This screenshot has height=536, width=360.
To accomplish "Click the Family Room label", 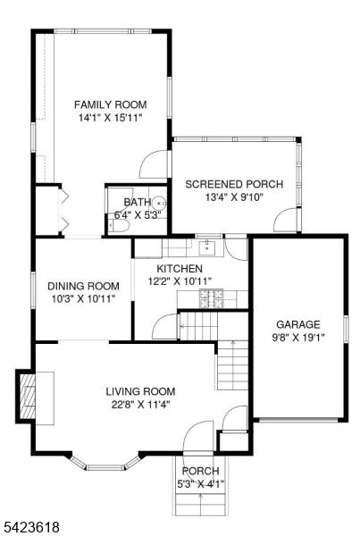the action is [x=110, y=105].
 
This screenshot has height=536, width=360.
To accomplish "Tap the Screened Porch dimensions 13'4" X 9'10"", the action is [x=234, y=197].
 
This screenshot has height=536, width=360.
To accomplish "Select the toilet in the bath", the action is [x=118, y=226].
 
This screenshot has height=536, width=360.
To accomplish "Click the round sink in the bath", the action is [x=159, y=203].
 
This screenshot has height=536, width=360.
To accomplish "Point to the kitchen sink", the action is [x=207, y=247].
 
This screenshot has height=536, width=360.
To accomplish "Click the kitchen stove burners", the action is [x=212, y=298].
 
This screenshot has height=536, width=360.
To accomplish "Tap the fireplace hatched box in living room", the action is [x=28, y=396].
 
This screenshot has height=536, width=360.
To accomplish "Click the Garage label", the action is [x=298, y=324].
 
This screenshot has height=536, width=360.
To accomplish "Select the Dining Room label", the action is [x=83, y=286].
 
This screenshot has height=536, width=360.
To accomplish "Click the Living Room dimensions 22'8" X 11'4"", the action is [x=141, y=405].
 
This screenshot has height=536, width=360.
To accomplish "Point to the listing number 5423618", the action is [x=30, y=526].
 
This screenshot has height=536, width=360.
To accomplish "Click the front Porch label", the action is [x=200, y=471].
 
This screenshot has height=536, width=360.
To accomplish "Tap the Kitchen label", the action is [x=180, y=269].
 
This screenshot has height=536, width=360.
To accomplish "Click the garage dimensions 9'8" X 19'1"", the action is [x=298, y=338].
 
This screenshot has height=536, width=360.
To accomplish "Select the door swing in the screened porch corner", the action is [x=286, y=220].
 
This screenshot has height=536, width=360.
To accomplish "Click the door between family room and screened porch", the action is [x=154, y=164].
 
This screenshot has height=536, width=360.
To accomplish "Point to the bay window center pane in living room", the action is [x=105, y=467].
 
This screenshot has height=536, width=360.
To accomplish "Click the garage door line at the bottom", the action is [x=298, y=420].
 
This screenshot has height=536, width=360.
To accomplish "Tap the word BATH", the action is [x=137, y=203].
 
